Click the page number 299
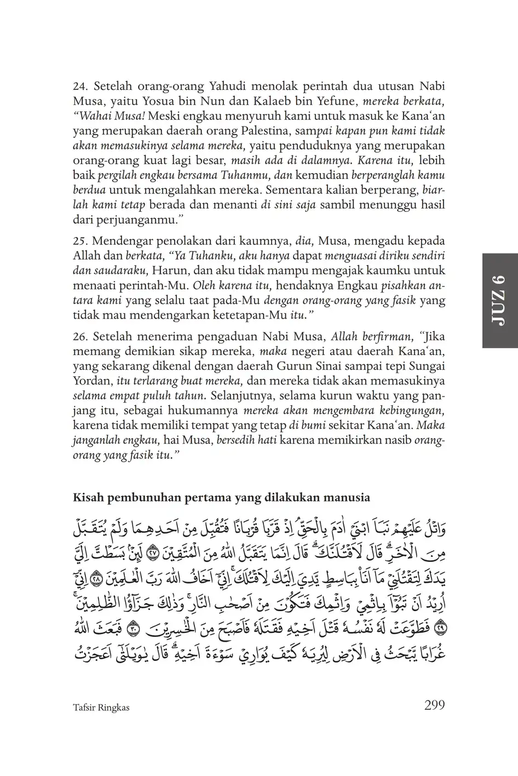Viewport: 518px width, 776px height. pos(434,705)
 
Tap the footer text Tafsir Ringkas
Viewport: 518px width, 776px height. pos(101,707)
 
